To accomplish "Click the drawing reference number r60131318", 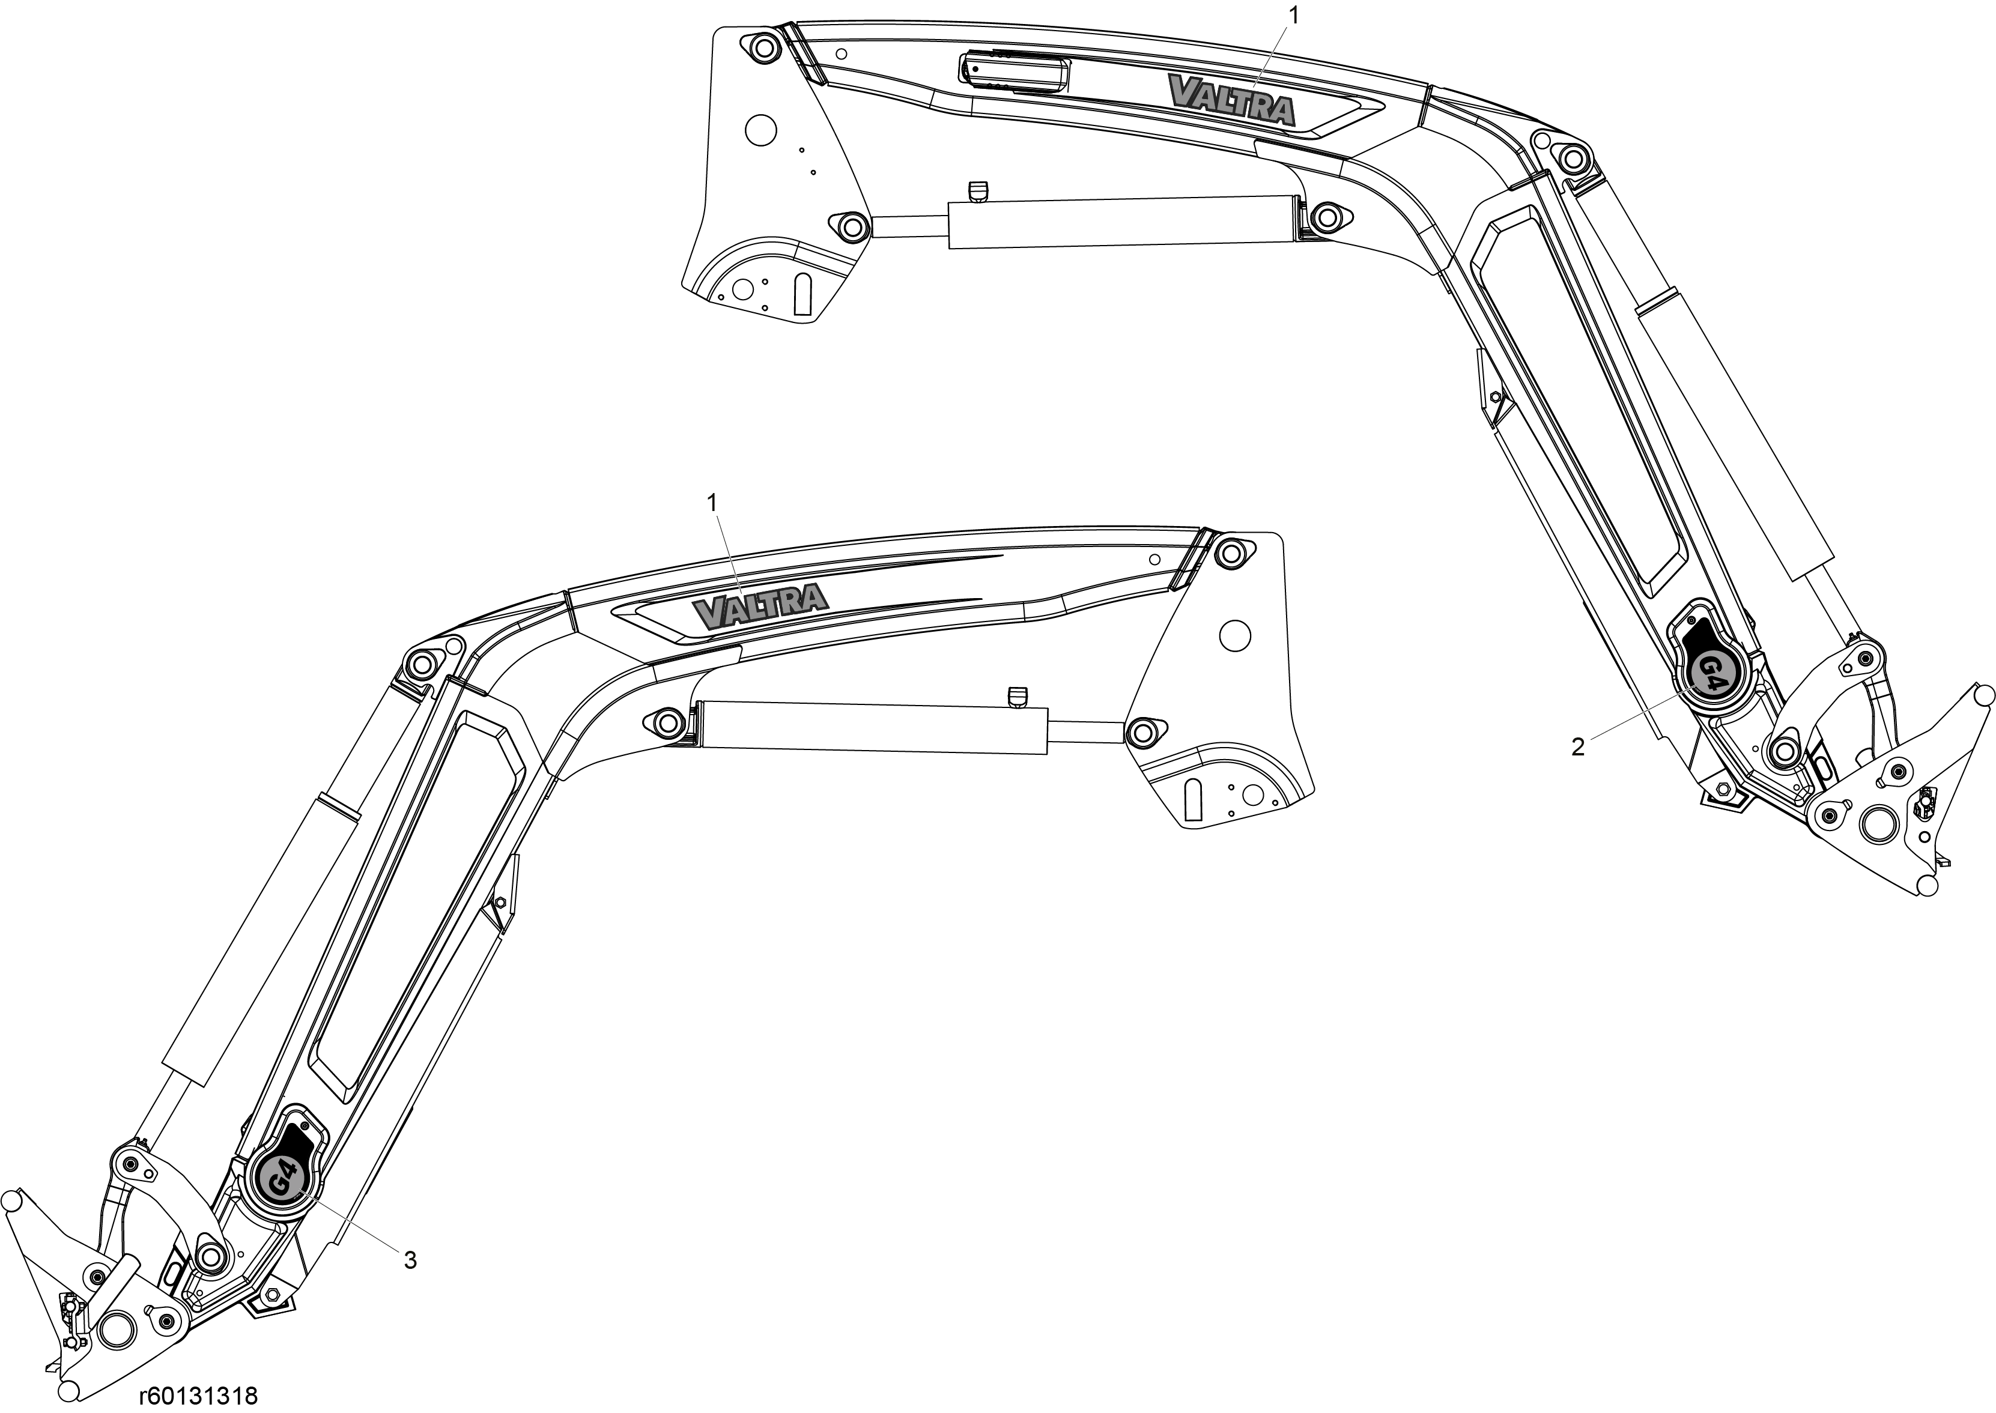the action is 198,1396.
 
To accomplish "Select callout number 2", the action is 1577,746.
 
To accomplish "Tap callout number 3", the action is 410,1260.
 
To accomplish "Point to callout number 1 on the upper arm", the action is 1294,16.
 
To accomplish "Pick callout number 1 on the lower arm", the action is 712,503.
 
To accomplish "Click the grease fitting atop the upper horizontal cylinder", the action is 978,190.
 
